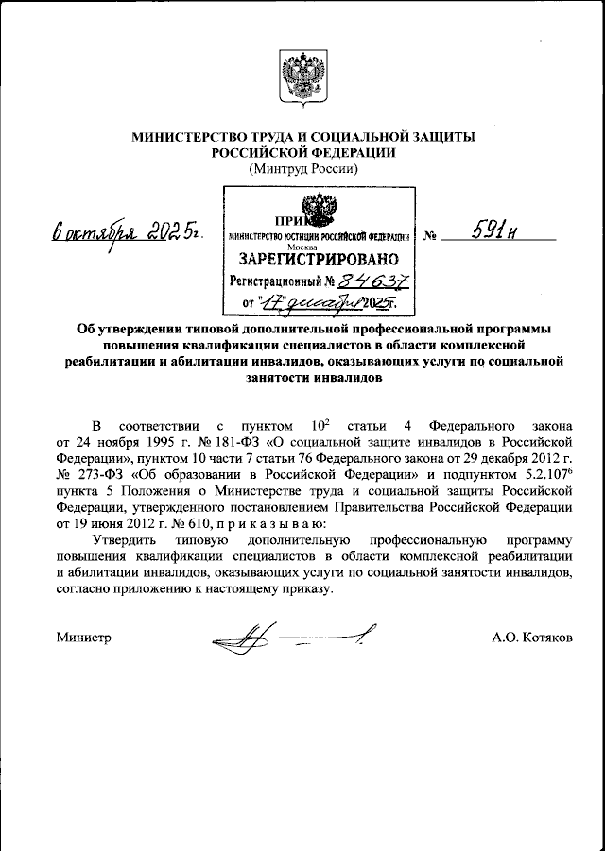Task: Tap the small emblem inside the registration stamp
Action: pos(317,208)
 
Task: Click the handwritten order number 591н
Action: pos(492,230)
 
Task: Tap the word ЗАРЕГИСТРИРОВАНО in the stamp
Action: pos(318,258)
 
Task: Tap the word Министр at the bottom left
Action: pos(84,638)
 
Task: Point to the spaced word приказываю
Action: pos(275,524)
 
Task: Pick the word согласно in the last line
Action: pos(85,588)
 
